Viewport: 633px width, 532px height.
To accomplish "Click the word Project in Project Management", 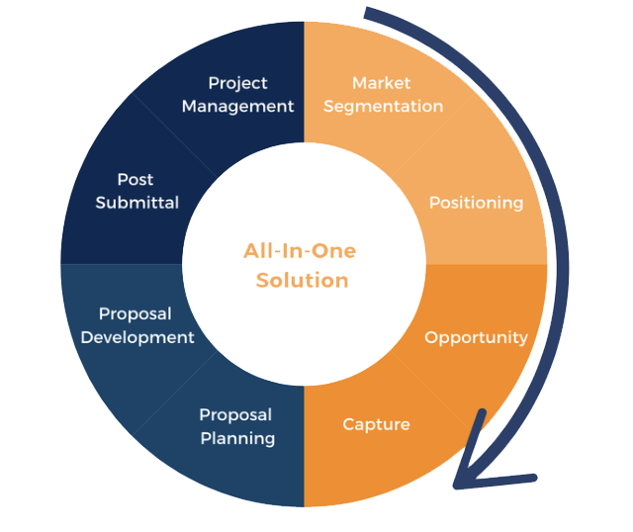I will pyautogui.click(x=237, y=83).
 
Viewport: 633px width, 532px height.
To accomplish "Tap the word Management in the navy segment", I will pyautogui.click(x=237, y=106).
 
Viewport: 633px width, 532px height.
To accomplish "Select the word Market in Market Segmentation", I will pyautogui.click(x=381, y=83).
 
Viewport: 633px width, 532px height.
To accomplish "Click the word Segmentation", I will pyautogui.click(x=383, y=106).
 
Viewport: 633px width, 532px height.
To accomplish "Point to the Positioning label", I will pyautogui.click(x=476, y=203).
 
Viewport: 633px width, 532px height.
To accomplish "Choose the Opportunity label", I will pyautogui.click(x=476, y=337).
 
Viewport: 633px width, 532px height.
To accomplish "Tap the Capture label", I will pyautogui.click(x=376, y=424).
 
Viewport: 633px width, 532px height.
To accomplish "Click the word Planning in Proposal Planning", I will pyautogui.click(x=237, y=438).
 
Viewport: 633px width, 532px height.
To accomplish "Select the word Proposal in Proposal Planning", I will pyautogui.click(x=235, y=415).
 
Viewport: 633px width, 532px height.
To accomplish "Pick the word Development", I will pyautogui.click(x=137, y=337).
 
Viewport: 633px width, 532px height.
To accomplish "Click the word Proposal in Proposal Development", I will pyautogui.click(x=135, y=314).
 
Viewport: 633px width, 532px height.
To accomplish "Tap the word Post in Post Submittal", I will pyautogui.click(x=136, y=180).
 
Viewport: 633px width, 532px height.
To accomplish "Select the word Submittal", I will pyautogui.click(x=137, y=203).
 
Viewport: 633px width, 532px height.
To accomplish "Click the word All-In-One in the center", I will pyautogui.click(x=300, y=250).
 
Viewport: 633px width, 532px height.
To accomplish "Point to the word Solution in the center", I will pyautogui.click(x=302, y=281).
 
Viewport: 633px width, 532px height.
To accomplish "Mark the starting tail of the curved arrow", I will pyautogui.click(x=368, y=13).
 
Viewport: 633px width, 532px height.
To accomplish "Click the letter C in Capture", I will pyautogui.click(x=348, y=424).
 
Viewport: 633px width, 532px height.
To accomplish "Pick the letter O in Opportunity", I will pyautogui.click(x=431, y=337).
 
